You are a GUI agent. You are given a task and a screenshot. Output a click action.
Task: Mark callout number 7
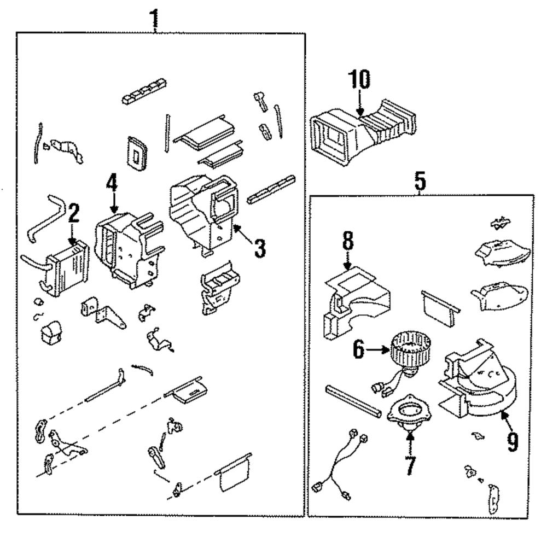410,464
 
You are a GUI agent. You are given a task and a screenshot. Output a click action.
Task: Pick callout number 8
348,241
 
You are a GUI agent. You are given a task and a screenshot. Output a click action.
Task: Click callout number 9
511,441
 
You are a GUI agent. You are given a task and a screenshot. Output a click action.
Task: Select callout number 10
359,80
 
